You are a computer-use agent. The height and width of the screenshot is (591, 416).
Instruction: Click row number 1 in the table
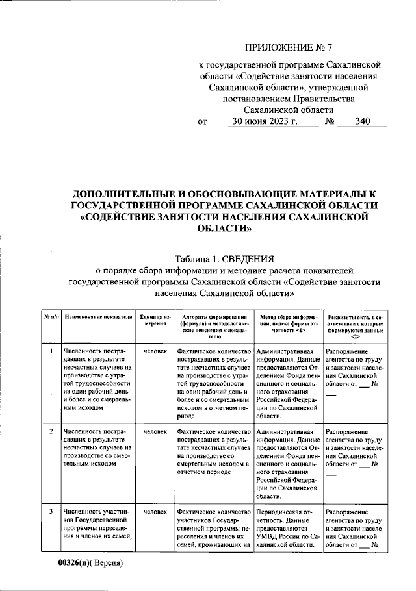coord(51,351)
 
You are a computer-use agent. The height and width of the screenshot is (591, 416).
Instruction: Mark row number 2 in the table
coord(51,431)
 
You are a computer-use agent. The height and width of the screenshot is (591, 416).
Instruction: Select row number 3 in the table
coord(51,512)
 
